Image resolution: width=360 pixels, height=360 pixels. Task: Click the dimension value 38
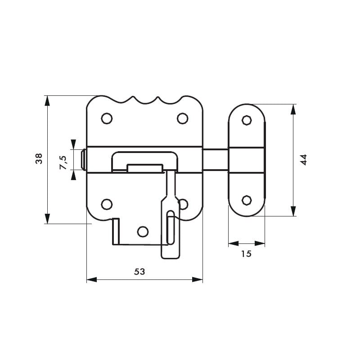point(39,159)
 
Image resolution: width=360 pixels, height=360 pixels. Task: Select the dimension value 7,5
point(63,162)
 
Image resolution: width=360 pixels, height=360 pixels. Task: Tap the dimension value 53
point(140,271)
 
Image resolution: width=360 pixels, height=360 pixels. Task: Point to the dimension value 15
point(246,254)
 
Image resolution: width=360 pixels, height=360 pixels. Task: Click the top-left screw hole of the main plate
point(107,118)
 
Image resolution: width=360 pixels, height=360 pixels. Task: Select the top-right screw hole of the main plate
point(182,118)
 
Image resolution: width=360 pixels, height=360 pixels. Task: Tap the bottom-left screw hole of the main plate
point(107,204)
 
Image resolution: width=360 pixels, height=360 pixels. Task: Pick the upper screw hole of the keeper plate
point(246,120)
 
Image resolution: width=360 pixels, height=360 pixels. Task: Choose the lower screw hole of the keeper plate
point(246,200)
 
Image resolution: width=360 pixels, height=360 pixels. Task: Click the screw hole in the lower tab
point(143,231)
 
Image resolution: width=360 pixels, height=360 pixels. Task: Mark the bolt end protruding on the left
point(83,160)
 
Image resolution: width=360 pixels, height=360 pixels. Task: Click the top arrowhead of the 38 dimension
point(47,100)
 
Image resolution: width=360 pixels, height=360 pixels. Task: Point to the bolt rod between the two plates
point(216,160)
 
